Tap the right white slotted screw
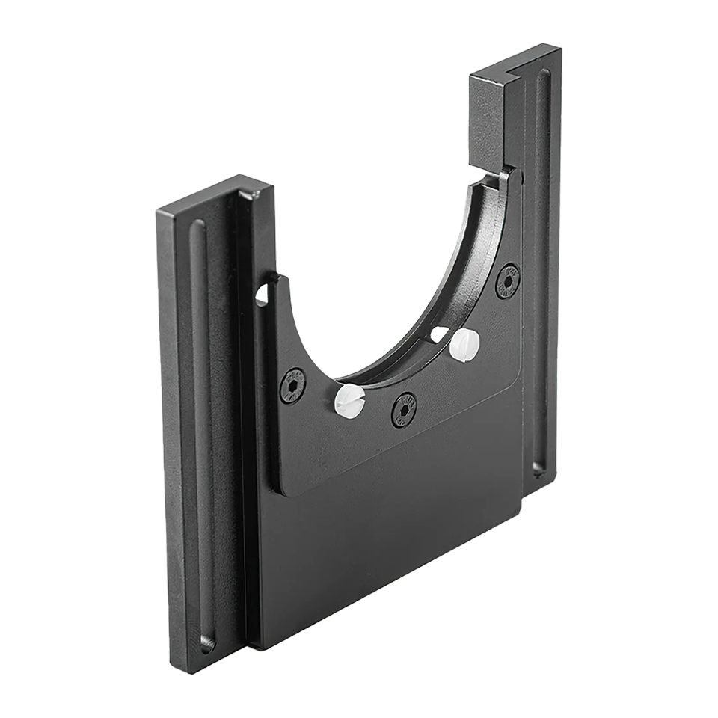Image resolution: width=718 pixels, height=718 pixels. [x=464, y=344]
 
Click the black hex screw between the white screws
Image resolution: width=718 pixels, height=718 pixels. [x=404, y=409]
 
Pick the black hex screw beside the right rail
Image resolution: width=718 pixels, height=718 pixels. [x=508, y=281]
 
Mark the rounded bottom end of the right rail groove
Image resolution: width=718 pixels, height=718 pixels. [x=538, y=469]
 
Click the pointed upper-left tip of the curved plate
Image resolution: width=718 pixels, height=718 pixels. [x=277, y=277]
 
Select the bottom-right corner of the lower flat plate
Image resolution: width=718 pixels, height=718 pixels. [x=518, y=516]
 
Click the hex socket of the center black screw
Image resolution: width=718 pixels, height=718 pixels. [x=404, y=409]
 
